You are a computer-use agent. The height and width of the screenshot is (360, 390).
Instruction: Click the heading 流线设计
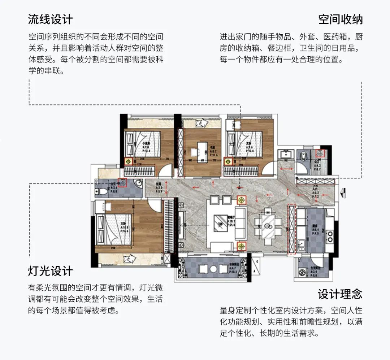click(50, 19)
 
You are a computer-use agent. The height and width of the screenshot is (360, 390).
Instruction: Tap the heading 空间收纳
click(340, 19)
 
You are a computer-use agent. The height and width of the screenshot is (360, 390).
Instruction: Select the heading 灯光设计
click(50, 271)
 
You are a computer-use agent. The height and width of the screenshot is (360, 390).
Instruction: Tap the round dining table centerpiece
click(268, 226)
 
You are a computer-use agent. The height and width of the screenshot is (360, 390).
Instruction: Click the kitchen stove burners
click(329, 235)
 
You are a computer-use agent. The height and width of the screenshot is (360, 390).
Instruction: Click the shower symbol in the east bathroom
click(320, 153)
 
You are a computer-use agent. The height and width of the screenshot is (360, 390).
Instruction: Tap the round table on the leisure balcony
click(213, 269)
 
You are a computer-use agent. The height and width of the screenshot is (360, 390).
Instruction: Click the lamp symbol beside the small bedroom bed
click(129, 161)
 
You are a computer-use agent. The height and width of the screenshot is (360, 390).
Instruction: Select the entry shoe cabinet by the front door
click(315, 182)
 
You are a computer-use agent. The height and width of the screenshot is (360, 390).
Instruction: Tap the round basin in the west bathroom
click(138, 185)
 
